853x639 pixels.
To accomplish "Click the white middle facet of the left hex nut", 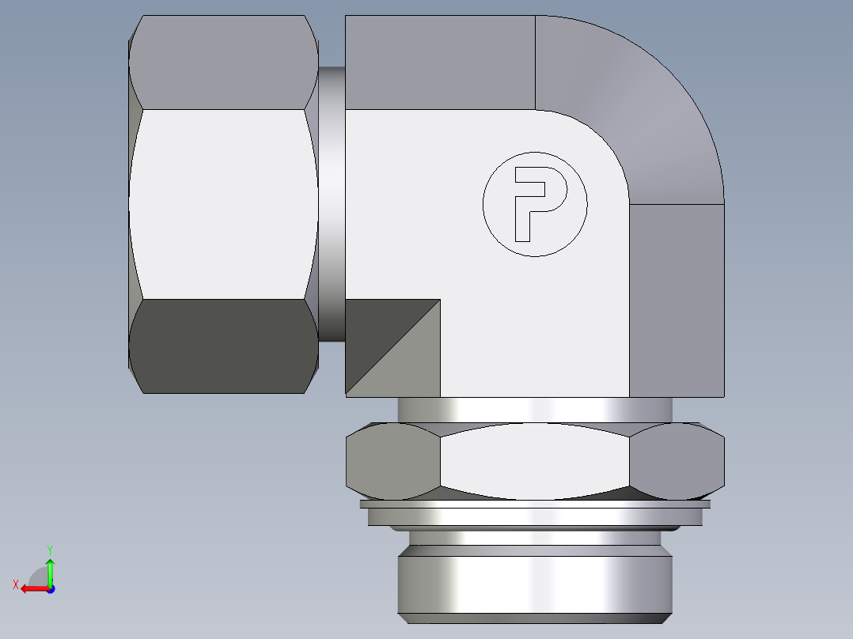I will pyautogui.click(x=224, y=204).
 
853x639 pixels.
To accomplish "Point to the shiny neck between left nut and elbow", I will pyautogui.click(x=332, y=204).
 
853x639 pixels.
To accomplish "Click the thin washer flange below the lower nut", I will pyautogui.click(x=535, y=504).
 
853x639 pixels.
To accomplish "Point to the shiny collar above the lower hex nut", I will pyautogui.click(x=535, y=410).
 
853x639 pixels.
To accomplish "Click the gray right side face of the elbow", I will pyautogui.click(x=677, y=301).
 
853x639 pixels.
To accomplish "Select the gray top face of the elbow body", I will pyautogui.click(x=440, y=62).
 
